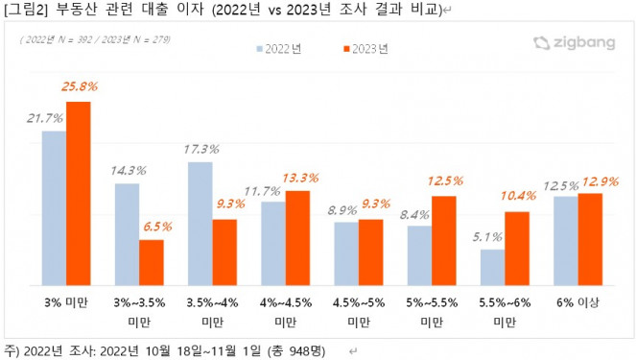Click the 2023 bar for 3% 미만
(x=78, y=193)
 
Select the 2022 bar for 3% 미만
(x=54, y=207)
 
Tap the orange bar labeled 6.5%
(x=151, y=262)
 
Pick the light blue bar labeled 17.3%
(x=200, y=223)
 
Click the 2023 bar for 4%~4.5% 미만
(x=297, y=237)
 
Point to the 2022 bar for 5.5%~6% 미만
(x=492, y=267)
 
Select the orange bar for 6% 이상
(x=590, y=238)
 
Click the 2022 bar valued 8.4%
(x=419, y=254)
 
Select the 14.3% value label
(x=127, y=170)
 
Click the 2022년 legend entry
(x=280, y=47)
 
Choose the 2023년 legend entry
(x=365, y=47)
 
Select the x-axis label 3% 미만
(x=66, y=301)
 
